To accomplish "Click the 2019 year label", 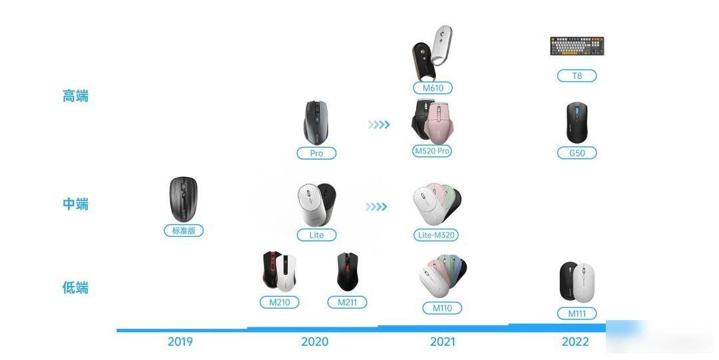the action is (180, 341).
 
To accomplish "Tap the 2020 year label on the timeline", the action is (314, 341).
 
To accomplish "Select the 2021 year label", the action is (443, 341).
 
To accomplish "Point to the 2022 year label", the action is (575, 341).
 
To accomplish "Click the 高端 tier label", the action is (75, 96).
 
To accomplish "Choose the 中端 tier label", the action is (75, 204).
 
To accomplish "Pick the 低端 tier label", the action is (75, 287).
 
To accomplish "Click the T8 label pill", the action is (577, 76).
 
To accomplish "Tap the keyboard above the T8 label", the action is (577, 46).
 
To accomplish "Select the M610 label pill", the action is (433, 88).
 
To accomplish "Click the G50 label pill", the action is (577, 152).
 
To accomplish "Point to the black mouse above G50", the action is (577, 122).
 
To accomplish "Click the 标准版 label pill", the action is (184, 230).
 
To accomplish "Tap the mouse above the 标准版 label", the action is (184, 199).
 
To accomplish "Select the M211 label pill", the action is (347, 302).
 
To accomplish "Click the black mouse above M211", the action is (347, 271).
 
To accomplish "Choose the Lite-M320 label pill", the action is (435, 235).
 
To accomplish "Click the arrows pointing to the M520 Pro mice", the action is (379, 124).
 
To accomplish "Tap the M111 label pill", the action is (577, 313).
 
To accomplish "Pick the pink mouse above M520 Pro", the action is (439, 123).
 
